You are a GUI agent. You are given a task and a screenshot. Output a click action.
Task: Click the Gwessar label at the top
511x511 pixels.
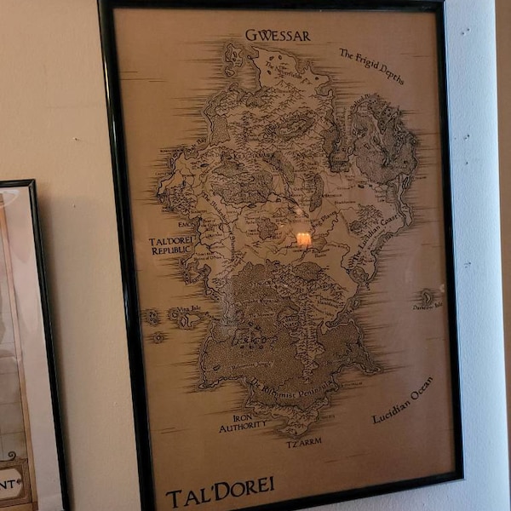[x=278, y=36]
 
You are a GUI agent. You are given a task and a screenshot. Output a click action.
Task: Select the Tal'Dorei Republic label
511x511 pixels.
[x=172, y=246]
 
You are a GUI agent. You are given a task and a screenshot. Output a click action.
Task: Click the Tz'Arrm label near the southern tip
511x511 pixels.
[x=304, y=443]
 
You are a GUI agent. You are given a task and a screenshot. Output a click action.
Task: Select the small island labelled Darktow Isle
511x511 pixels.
[x=425, y=299]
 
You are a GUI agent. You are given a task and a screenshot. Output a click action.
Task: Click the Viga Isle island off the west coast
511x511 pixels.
[x=189, y=319]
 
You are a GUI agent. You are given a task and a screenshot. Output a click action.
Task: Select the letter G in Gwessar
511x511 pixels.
[x=252, y=36]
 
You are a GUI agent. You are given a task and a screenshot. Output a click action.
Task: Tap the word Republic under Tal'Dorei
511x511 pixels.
[x=172, y=251]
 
